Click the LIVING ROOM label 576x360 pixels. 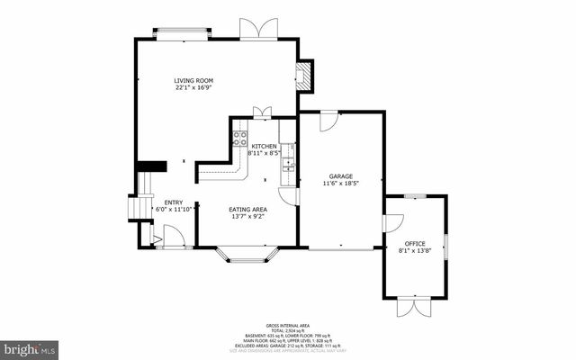pos(193,81)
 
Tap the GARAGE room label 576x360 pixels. pos(341,176)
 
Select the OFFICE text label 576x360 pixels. pos(414,243)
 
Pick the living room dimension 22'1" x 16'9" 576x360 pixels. pos(193,88)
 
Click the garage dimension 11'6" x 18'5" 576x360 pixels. pos(341,184)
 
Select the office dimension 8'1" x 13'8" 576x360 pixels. pos(414,250)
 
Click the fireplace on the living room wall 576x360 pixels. pos(305,76)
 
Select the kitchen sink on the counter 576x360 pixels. pos(288,162)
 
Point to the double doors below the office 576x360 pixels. pos(415,307)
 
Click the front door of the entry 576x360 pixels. pos(173,238)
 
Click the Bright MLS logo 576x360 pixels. pos(30,346)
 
